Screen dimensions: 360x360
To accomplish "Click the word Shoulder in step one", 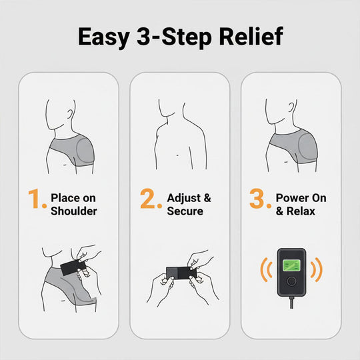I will pyautogui.click(x=74, y=211).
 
